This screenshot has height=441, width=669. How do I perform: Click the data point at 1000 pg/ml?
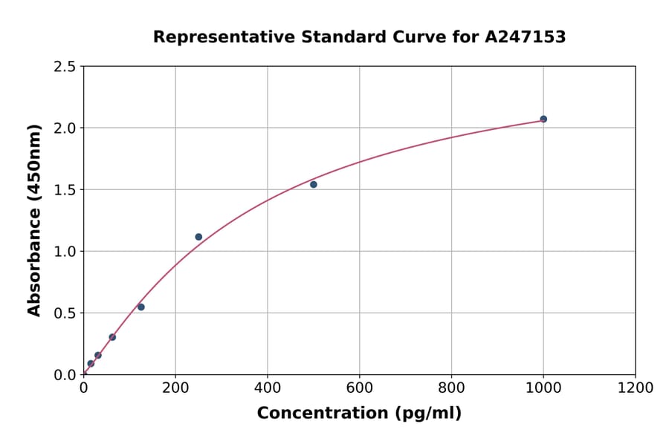(x=543, y=119)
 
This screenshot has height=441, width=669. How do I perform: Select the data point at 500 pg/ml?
(x=314, y=184)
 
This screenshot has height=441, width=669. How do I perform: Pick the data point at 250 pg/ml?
(x=198, y=237)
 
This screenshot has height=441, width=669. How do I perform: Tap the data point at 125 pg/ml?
(x=141, y=307)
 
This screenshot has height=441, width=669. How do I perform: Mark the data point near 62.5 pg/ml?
(x=112, y=337)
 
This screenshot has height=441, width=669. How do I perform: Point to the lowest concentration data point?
(x=91, y=364)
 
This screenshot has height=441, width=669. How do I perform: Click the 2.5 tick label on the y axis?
(x=65, y=67)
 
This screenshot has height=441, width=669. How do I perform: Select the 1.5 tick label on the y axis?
(x=65, y=190)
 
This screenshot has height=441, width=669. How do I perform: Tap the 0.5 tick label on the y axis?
(x=65, y=313)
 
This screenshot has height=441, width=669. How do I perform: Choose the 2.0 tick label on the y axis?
(x=65, y=128)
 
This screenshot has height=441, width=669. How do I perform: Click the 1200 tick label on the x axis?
(x=636, y=388)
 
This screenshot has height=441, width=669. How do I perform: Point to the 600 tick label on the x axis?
(x=359, y=388)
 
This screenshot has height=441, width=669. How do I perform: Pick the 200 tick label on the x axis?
(x=175, y=388)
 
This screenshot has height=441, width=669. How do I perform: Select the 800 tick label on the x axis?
(x=451, y=388)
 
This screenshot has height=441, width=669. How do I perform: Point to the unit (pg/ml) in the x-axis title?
(x=429, y=414)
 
